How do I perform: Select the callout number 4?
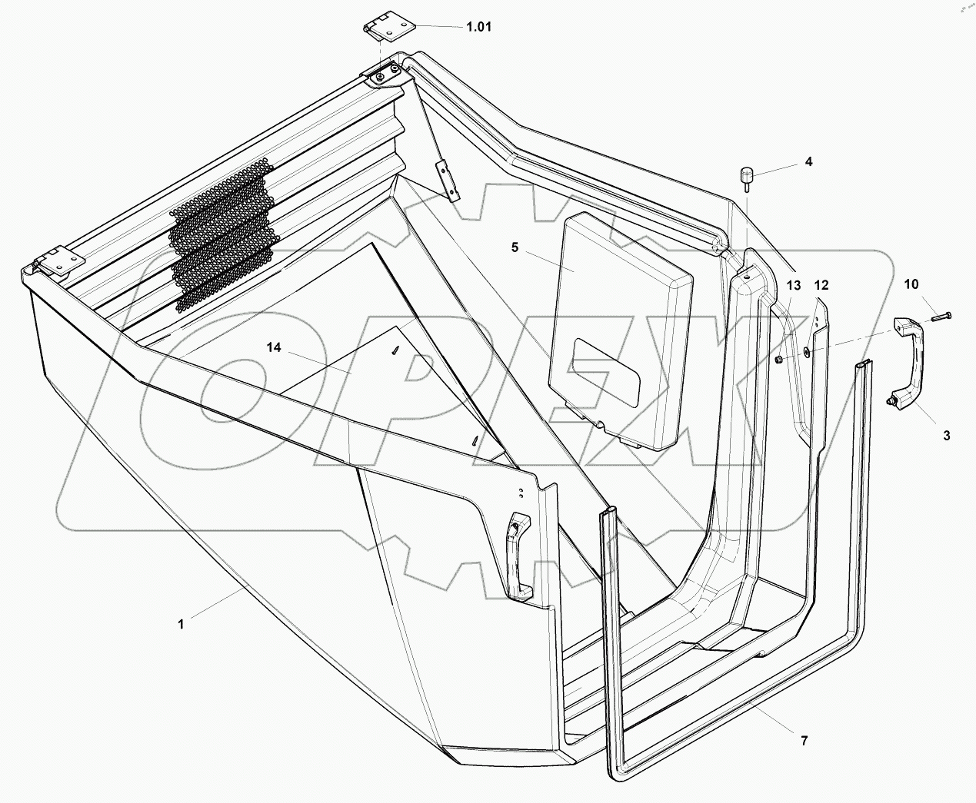808,162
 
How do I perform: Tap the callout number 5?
515,247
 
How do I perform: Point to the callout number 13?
794,285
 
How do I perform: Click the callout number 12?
821,285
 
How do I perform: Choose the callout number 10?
911,284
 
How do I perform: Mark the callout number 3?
946,435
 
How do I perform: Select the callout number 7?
804,741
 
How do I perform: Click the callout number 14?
274,348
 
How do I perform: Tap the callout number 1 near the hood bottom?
182,624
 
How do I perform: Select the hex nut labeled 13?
778,360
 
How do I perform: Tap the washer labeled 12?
805,352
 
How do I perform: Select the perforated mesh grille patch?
223,234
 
